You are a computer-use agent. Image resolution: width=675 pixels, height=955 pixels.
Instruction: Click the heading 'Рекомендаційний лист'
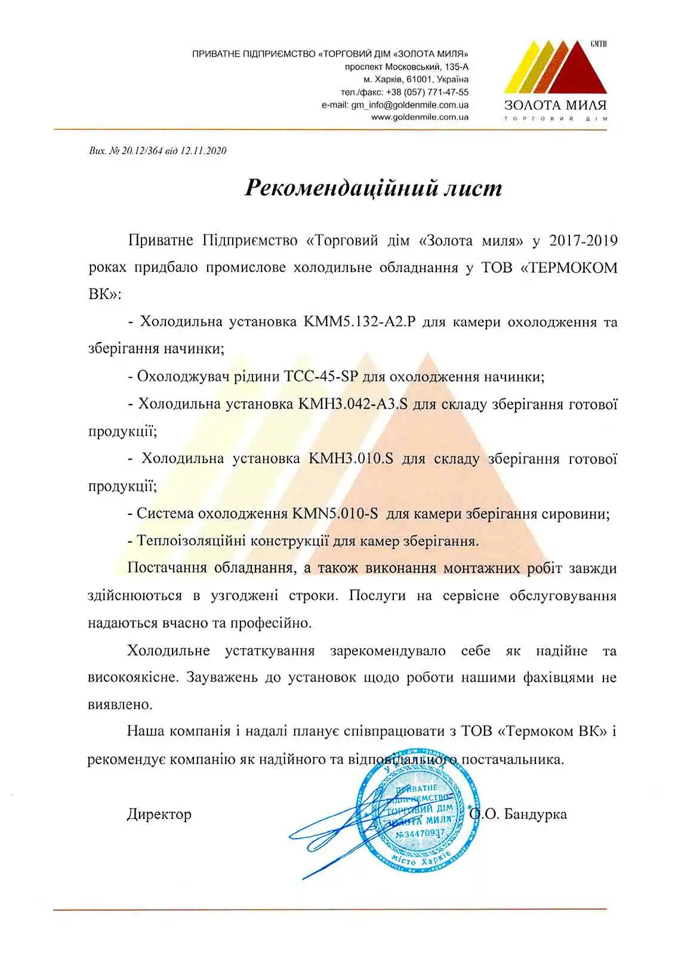click(x=374, y=188)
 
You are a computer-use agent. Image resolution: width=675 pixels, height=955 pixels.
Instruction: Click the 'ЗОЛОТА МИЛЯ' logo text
click(x=555, y=105)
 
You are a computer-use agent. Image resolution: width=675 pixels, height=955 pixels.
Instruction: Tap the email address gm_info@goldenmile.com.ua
click(x=409, y=105)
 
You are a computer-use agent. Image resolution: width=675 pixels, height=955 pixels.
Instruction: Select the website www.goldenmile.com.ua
click(x=420, y=118)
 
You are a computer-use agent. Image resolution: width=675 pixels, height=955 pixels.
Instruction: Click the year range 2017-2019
click(x=583, y=241)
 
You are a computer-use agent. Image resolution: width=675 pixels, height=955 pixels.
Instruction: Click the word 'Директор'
click(x=159, y=814)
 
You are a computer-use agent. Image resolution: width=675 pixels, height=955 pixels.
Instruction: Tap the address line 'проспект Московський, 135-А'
click(x=406, y=67)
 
